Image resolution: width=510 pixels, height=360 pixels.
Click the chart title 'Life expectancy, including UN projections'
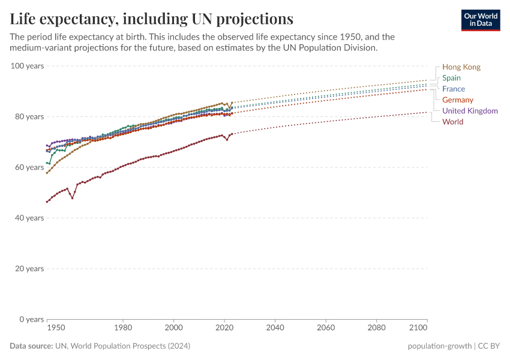pos(151,19)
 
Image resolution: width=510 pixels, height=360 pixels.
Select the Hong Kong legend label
pos(461,67)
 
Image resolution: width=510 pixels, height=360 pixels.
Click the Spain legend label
pos(451,78)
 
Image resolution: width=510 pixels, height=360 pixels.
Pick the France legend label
pos(453,89)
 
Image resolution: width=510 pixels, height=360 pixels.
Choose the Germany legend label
pos(457,100)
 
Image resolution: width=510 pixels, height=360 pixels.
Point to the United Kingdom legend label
pos(470,111)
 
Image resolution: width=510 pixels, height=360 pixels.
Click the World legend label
pos(452,122)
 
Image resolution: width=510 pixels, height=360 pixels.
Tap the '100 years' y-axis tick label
pos(27,65)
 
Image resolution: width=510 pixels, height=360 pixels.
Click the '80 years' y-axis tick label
pos(29,116)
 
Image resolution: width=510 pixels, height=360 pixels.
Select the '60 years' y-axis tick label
pos(29,167)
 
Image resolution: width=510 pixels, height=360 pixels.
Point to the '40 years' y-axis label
pos(29,218)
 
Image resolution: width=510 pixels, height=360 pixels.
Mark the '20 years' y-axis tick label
pos(29,268)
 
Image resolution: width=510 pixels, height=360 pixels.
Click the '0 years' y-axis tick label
pos(31,319)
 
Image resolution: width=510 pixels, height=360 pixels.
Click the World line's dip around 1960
pos(73,197)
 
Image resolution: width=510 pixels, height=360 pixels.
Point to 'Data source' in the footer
pos(30,346)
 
